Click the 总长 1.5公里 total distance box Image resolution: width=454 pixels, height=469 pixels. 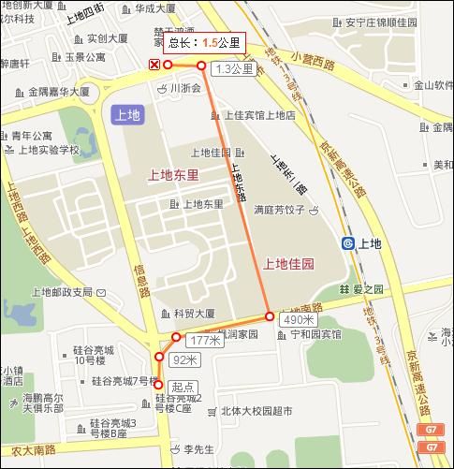tap(204, 43)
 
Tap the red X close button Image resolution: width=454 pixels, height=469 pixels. tap(154, 64)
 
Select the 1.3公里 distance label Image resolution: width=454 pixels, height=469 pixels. tap(233, 69)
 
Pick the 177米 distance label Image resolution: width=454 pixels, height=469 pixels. tap(202, 340)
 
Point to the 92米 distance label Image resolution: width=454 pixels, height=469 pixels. tap(186, 359)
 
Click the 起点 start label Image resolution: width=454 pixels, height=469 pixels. tap(183, 386)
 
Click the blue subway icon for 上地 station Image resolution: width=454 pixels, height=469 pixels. tap(348, 243)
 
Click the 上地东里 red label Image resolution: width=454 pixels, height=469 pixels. tap(173, 175)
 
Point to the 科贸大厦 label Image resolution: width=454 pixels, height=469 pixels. tap(194, 314)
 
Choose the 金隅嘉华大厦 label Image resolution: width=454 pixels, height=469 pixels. tap(58, 93)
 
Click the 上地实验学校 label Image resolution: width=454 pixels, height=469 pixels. tap(47, 150)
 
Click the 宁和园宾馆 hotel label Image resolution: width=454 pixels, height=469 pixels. tap(315, 334)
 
